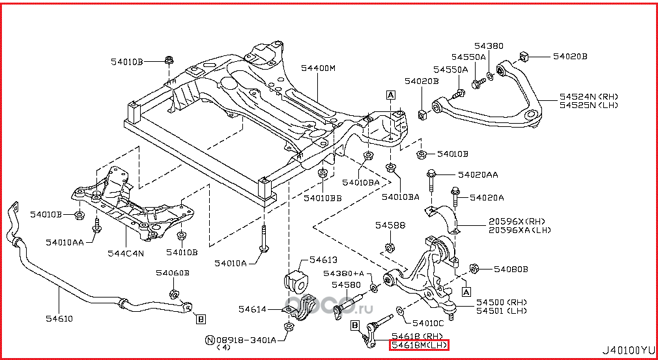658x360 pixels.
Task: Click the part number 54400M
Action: (x=318, y=68)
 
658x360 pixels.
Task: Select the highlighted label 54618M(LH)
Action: (x=420, y=345)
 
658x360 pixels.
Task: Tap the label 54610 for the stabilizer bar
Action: (x=59, y=318)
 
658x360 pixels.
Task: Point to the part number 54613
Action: (x=323, y=259)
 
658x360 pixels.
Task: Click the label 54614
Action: (x=251, y=309)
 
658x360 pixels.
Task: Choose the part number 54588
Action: (x=390, y=225)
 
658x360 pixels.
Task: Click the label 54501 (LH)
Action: (x=500, y=311)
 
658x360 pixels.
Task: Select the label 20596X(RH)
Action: (x=521, y=221)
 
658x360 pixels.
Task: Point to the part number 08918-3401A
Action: (x=247, y=339)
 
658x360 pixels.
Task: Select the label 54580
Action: (x=345, y=284)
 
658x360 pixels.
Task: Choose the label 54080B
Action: (x=511, y=269)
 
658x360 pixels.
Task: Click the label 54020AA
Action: (x=478, y=174)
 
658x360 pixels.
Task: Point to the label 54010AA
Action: (x=64, y=242)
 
